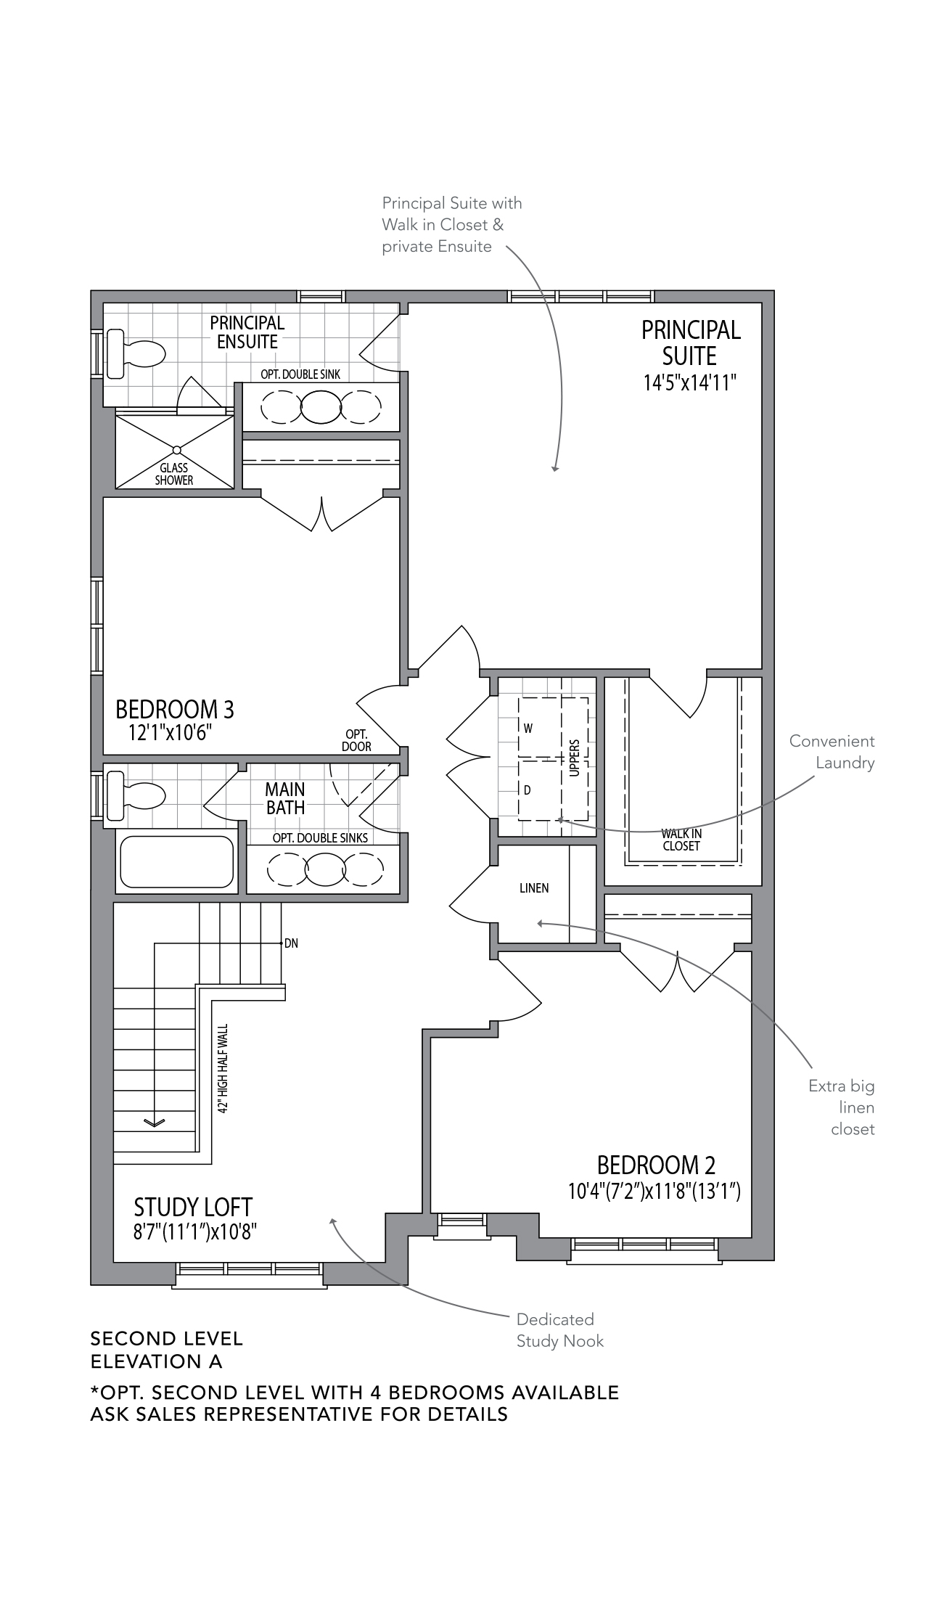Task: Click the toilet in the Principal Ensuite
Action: click(x=136, y=354)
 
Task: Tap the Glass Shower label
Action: click(x=174, y=474)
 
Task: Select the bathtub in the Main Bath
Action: click(x=176, y=862)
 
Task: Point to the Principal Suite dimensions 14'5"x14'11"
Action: click(x=689, y=383)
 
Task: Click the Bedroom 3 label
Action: click(x=175, y=708)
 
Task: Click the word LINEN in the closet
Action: click(x=534, y=888)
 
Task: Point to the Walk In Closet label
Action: click(x=681, y=840)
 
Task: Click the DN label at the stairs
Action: click(x=291, y=943)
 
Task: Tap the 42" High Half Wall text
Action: click(x=223, y=1069)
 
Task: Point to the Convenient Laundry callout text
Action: click(x=832, y=752)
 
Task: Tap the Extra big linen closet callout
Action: click(x=842, y=1107)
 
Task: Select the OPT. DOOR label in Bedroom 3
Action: click(x=356, y=740)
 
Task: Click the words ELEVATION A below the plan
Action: click(x=156, y=1362)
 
